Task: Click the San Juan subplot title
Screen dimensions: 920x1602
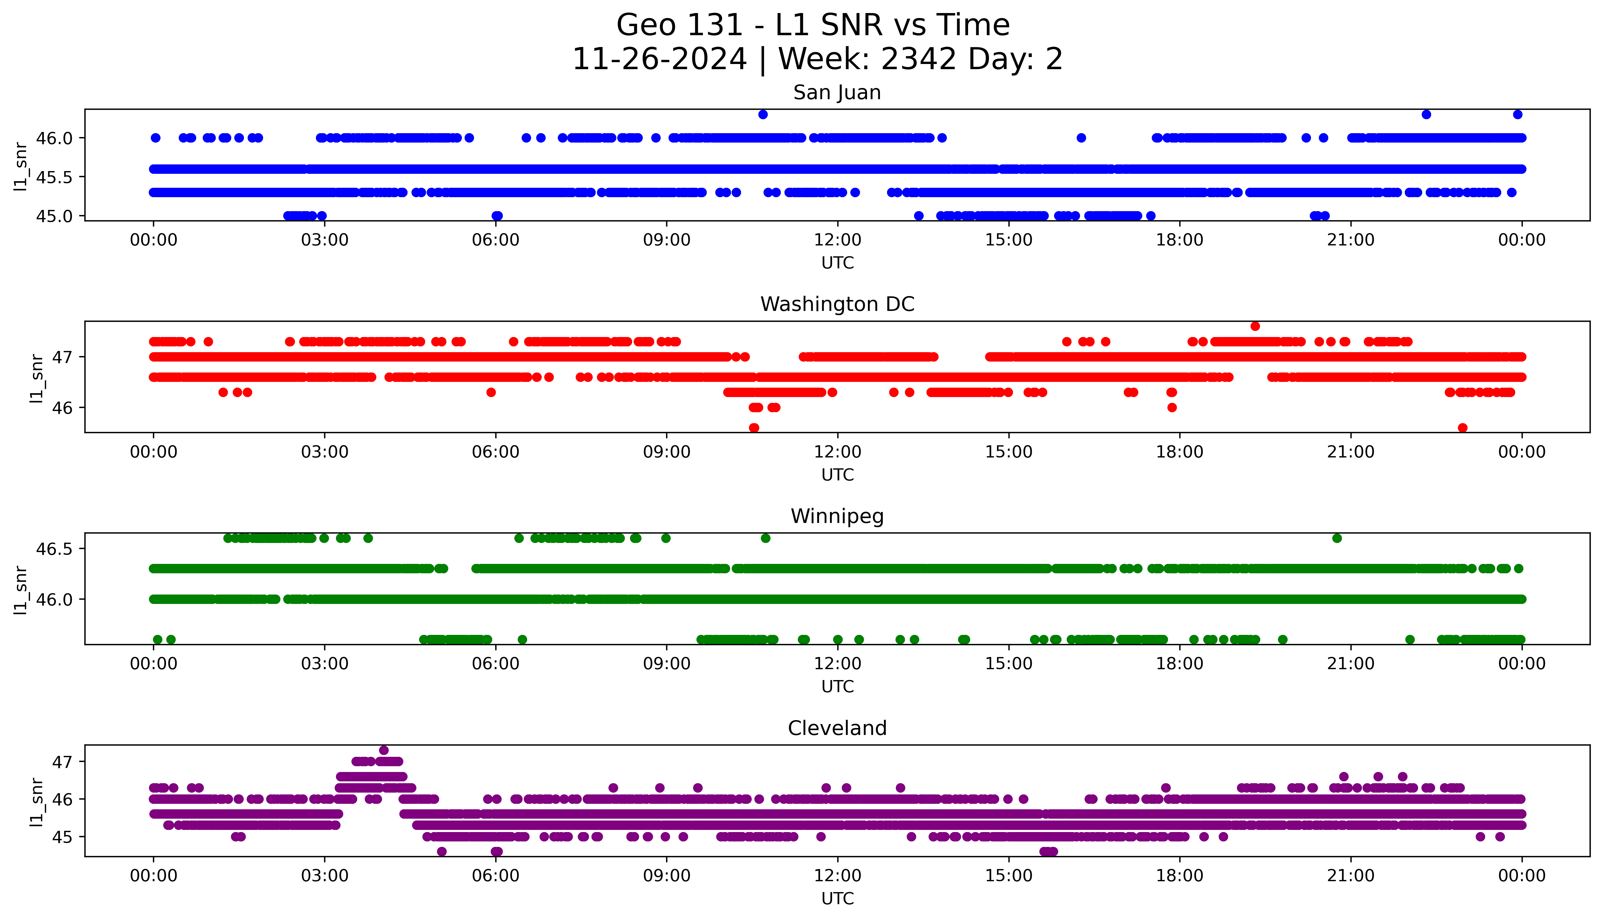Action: coord(837,93)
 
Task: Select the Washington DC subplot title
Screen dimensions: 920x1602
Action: coord(837,305)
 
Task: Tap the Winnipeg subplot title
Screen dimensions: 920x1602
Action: coord(837,516)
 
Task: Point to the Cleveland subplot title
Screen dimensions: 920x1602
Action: coord(837,729)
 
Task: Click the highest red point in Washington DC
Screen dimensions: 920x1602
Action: coord(1255,326)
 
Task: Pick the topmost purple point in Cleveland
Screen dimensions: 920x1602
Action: coord(384,750)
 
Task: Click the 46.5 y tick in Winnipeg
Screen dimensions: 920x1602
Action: coord(54,549)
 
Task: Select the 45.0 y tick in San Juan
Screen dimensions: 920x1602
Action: coord(54,216)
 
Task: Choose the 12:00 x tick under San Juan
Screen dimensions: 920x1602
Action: coord(837,240)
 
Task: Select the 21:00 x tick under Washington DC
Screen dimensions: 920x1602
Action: coord(1350,452)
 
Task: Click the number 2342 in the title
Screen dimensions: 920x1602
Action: coord(918,59)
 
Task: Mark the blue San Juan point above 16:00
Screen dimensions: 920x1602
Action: coord(1081,138)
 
